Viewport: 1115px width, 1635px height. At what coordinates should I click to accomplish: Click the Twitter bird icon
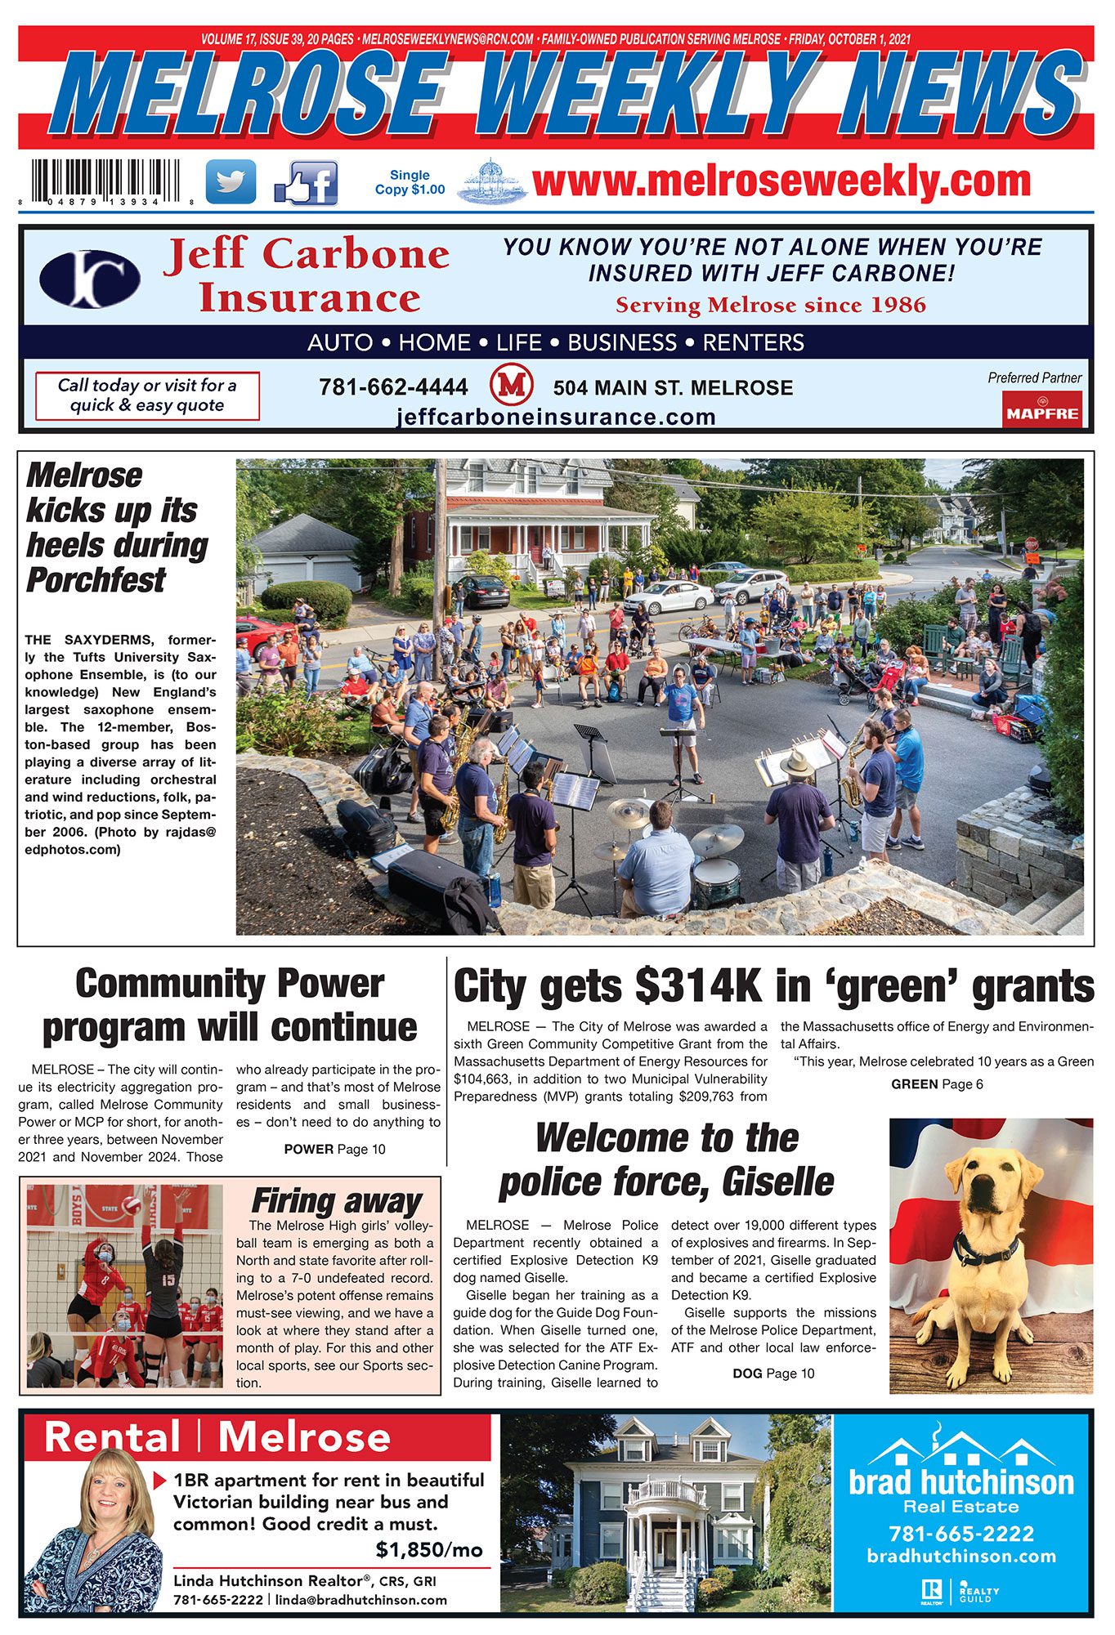point(231,181)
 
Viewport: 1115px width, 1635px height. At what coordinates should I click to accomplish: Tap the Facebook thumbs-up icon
point(307,183)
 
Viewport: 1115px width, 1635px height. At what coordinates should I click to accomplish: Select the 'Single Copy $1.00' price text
point(410,182)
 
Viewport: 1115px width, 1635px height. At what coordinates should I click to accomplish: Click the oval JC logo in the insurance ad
point(90,279)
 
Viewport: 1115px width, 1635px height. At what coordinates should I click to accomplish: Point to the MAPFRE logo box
point(1042,409)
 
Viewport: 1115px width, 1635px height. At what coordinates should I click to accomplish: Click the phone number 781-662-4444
point(393,386)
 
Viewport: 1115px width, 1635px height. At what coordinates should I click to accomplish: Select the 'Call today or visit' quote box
point(147,395)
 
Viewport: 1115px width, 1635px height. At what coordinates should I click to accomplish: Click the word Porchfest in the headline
point(96,580)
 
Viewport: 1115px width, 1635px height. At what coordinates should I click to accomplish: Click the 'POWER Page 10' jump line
point(334,1149)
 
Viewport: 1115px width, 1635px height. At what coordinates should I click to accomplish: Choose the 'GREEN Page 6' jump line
point(937,1084)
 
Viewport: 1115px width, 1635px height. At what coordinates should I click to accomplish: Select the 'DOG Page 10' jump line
point(773,1374)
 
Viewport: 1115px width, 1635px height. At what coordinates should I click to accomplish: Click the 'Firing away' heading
point(336,1201)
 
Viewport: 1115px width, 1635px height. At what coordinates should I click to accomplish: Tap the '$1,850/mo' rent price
point(429,1549)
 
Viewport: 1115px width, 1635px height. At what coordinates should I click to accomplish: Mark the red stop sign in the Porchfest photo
point(1031,543)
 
